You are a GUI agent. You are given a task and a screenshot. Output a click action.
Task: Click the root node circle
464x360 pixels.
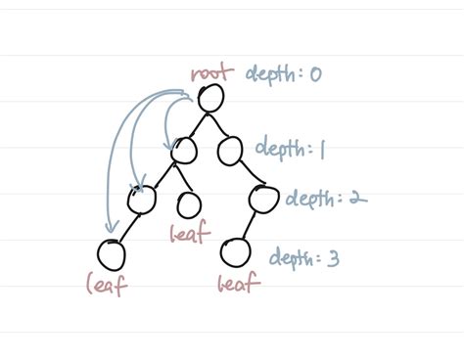click(x=212, y=97)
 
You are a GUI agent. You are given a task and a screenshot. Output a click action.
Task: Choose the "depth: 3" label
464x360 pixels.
click(x=305, y=258)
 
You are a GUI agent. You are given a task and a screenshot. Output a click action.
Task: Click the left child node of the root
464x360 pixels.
click(x=182, y=150)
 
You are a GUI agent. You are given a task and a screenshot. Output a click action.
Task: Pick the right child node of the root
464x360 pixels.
click(x=231, y=150)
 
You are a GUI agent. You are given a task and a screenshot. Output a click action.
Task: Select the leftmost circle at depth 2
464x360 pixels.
click(x=142, y=200)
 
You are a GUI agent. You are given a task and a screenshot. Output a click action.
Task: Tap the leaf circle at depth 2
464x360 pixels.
click(x=190, y=204)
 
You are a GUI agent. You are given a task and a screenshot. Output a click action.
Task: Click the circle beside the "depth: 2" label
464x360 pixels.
click(x=262, y=199)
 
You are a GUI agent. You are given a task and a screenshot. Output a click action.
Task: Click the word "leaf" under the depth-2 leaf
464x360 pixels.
click(x=187, y=234)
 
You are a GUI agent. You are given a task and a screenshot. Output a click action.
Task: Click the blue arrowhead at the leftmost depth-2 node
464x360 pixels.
click(x=138, y=183)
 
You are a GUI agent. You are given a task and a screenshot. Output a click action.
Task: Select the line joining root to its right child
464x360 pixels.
click(x=222, y=123)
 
